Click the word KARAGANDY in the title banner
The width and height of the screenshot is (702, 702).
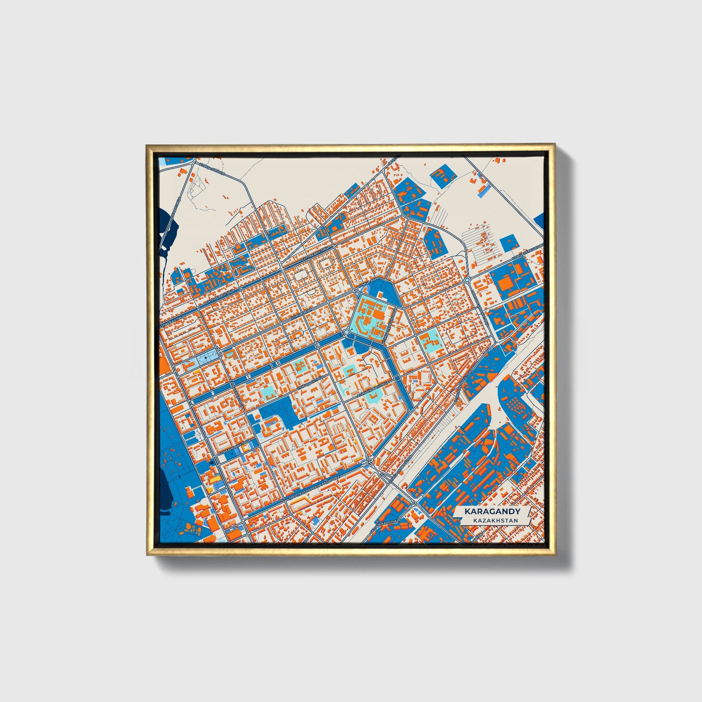pyautogui.click(x=492, y=511)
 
